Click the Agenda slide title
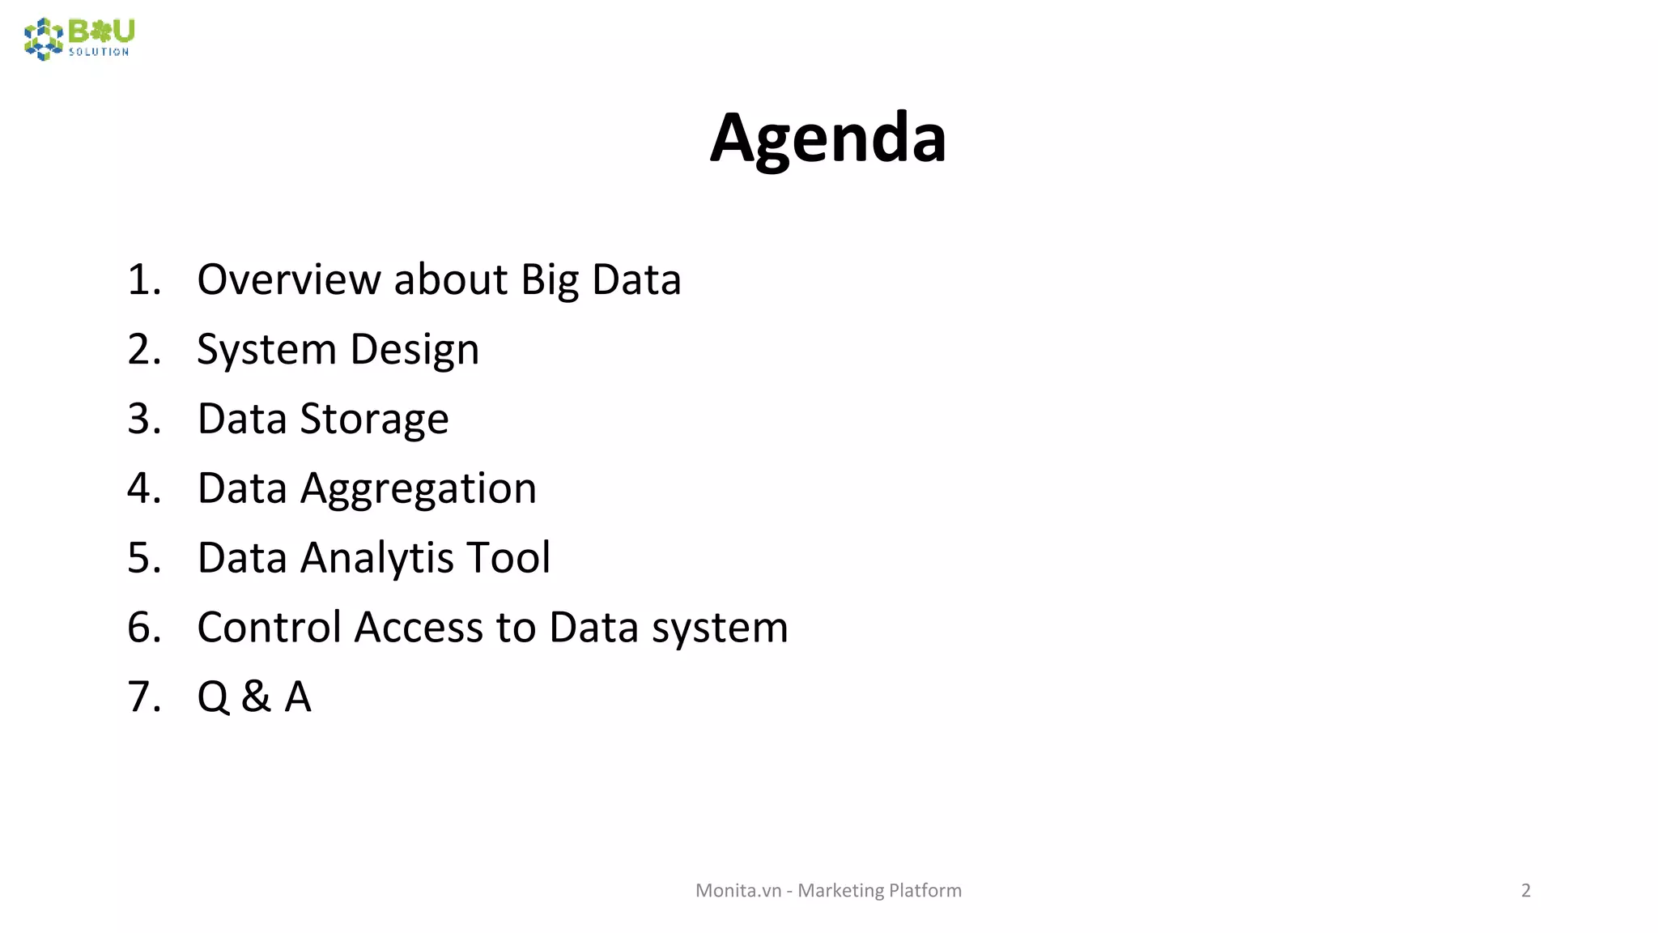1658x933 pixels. [x=827, y=138]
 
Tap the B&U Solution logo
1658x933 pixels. [x=79, y=39]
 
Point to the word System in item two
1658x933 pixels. [x=266, y=351]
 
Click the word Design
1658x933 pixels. [x=414, y=351]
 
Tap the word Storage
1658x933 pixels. [x=374, y=420]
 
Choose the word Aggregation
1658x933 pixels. [x=419, y=489]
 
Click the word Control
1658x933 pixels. [x=270, y=628]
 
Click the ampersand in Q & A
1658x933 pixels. [x=256, y=697]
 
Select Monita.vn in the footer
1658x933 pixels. [x=738, y=890]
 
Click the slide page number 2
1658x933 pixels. [x=1526, y=890]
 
